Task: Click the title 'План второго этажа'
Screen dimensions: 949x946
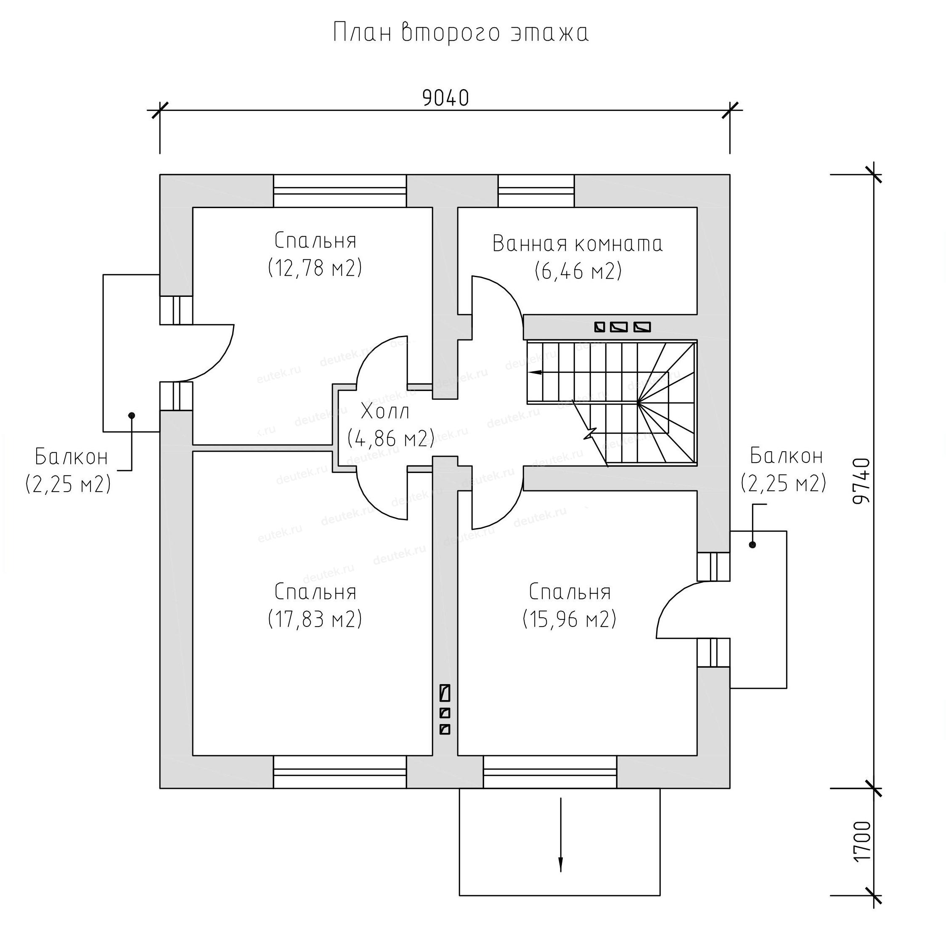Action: click(461, 33)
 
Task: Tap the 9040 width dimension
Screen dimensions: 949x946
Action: click(445, 98)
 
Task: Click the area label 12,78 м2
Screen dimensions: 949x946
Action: click(315, 268)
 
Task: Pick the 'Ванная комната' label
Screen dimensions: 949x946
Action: click(578, 243)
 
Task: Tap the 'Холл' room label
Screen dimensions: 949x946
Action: click(385, 412)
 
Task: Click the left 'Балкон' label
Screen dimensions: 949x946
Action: click(71, 457)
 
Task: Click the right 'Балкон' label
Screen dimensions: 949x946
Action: click(786, 456)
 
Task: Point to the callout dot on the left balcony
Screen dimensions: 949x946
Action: click(131, 415)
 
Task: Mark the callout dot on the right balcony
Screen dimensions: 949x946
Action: click(752, 545)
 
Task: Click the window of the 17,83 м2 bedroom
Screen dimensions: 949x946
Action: click(339, 772)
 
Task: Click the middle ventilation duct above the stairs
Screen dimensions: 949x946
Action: click(619, 327)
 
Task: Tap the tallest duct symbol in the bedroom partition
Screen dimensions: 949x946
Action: click(445, 693)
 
